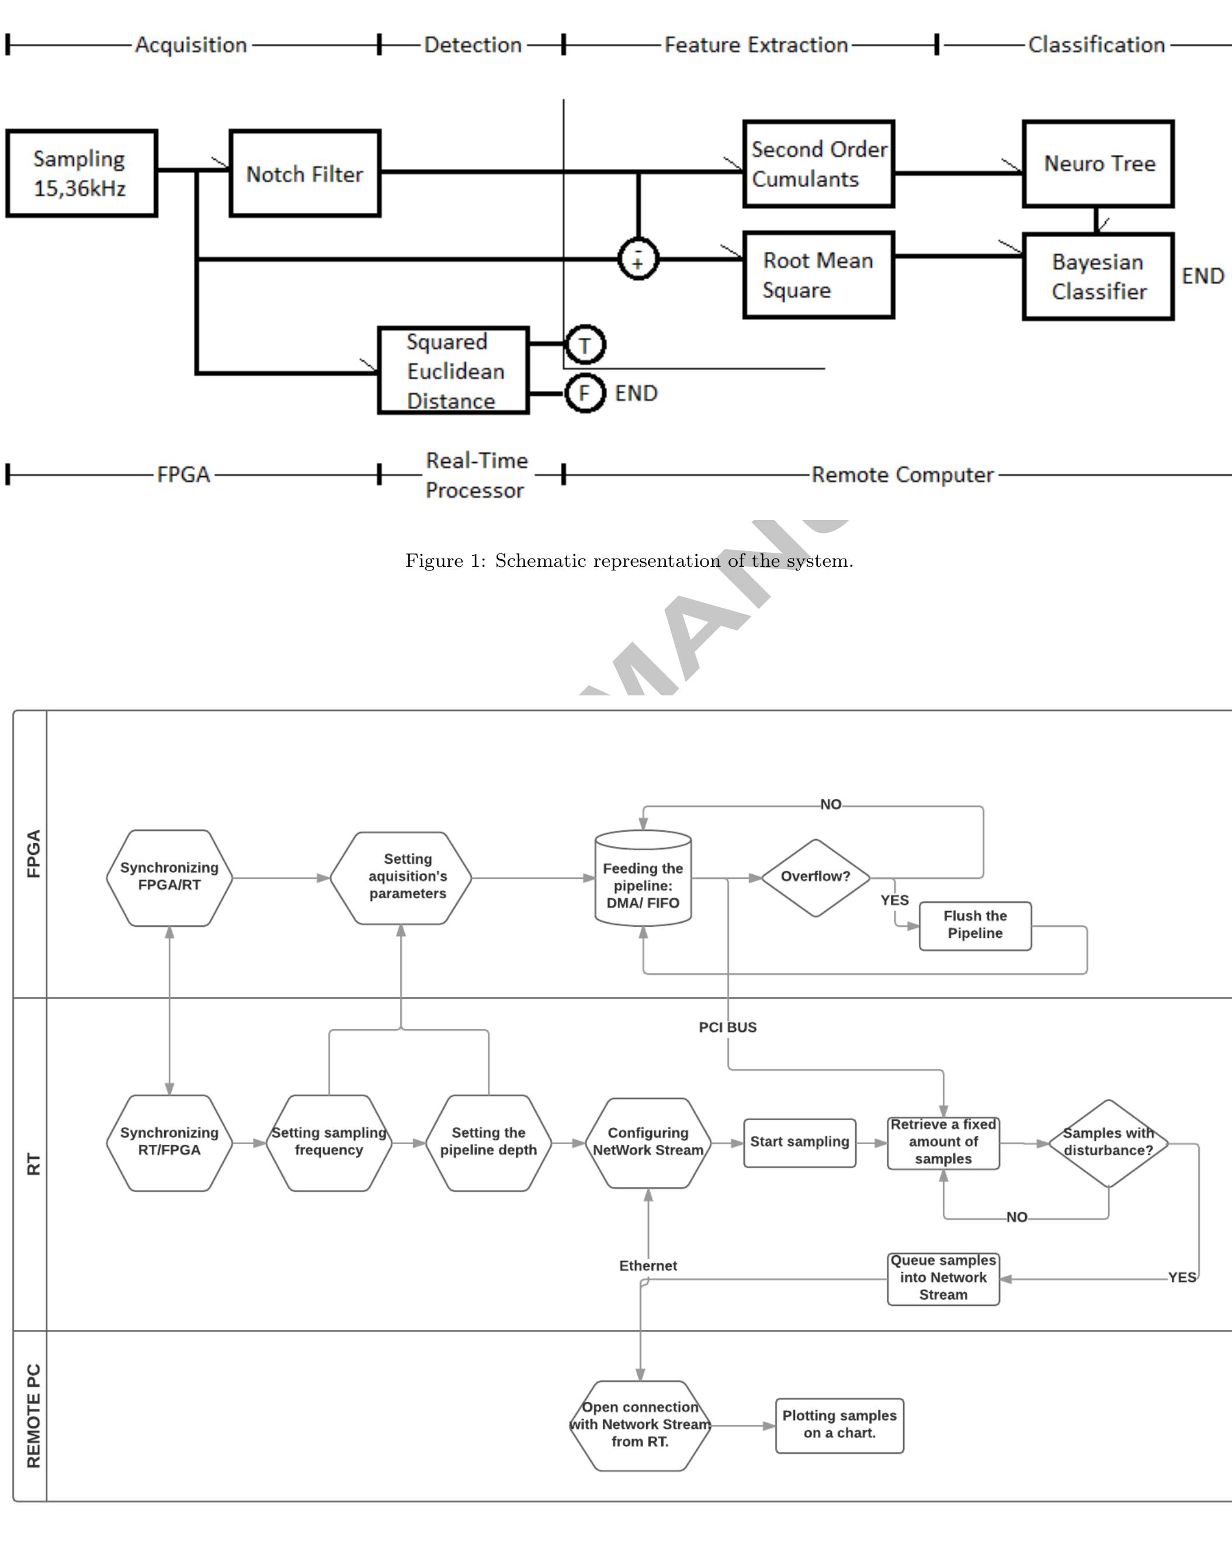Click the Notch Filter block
[x=304, y=173]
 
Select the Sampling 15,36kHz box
[x=81, y=173]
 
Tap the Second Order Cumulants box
[x=818, y=164]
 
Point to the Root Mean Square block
[x=818, y=275]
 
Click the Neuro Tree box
[x=1098, y=164]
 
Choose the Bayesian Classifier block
[x=1098, y=276]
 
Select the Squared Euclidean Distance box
[x=454, y=370]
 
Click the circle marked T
[x=585, y=345]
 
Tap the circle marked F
[x=584, y=393]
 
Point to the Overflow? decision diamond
[x=815, y=877]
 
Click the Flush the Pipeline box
[x=975, y=926]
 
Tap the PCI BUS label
[x=727, y=1027]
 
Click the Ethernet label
[x=648, y=1266]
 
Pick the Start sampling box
[x=799, y=1142]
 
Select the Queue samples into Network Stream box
[x=943, y=1278]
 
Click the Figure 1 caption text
[x=629, y=561]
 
